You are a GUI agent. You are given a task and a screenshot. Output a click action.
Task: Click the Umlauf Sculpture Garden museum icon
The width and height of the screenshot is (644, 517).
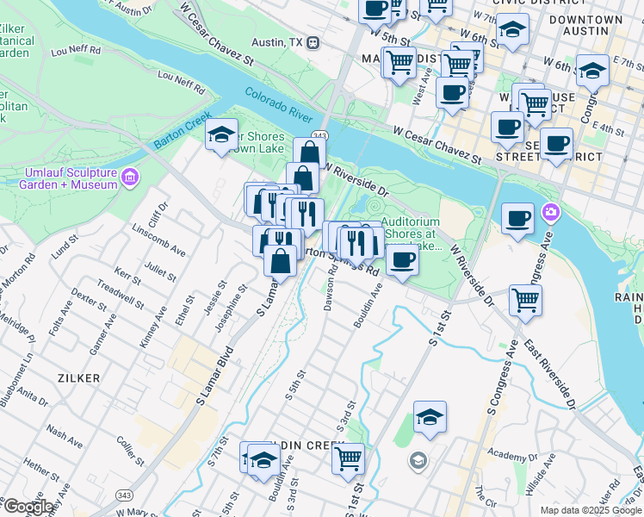130,178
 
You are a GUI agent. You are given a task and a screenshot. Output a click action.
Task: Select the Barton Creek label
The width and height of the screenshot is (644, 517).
183,129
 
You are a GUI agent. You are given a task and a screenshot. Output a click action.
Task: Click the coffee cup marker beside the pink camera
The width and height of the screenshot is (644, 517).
517,219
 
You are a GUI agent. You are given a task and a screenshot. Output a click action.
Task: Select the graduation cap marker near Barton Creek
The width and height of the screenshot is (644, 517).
221,134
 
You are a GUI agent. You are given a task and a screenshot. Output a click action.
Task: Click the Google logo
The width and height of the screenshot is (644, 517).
28,507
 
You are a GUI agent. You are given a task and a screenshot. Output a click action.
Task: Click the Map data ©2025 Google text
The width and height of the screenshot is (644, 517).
590,510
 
